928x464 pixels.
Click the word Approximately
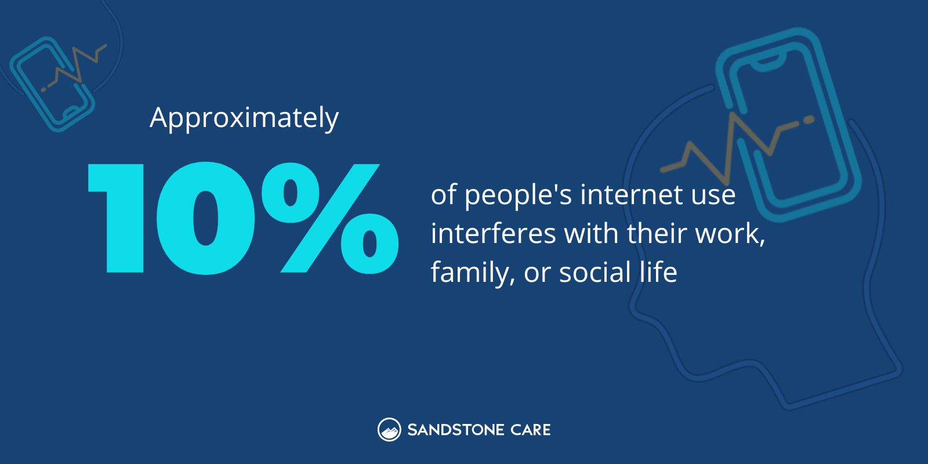(244, 118)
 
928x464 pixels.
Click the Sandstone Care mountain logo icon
(389, 430)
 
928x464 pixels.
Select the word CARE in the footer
(528, 430)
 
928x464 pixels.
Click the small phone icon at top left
(52, 83)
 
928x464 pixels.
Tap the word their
(658, 234)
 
